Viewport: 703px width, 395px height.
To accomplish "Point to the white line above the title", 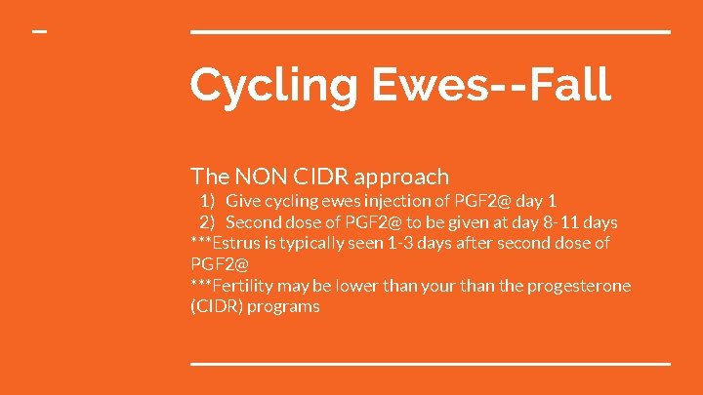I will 430,32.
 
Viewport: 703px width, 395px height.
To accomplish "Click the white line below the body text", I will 430,363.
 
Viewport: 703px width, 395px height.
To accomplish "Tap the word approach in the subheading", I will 401,177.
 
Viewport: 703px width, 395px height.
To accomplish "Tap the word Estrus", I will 238,243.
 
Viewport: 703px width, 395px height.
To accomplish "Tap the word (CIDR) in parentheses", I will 216,306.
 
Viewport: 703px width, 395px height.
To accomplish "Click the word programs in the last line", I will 283,307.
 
